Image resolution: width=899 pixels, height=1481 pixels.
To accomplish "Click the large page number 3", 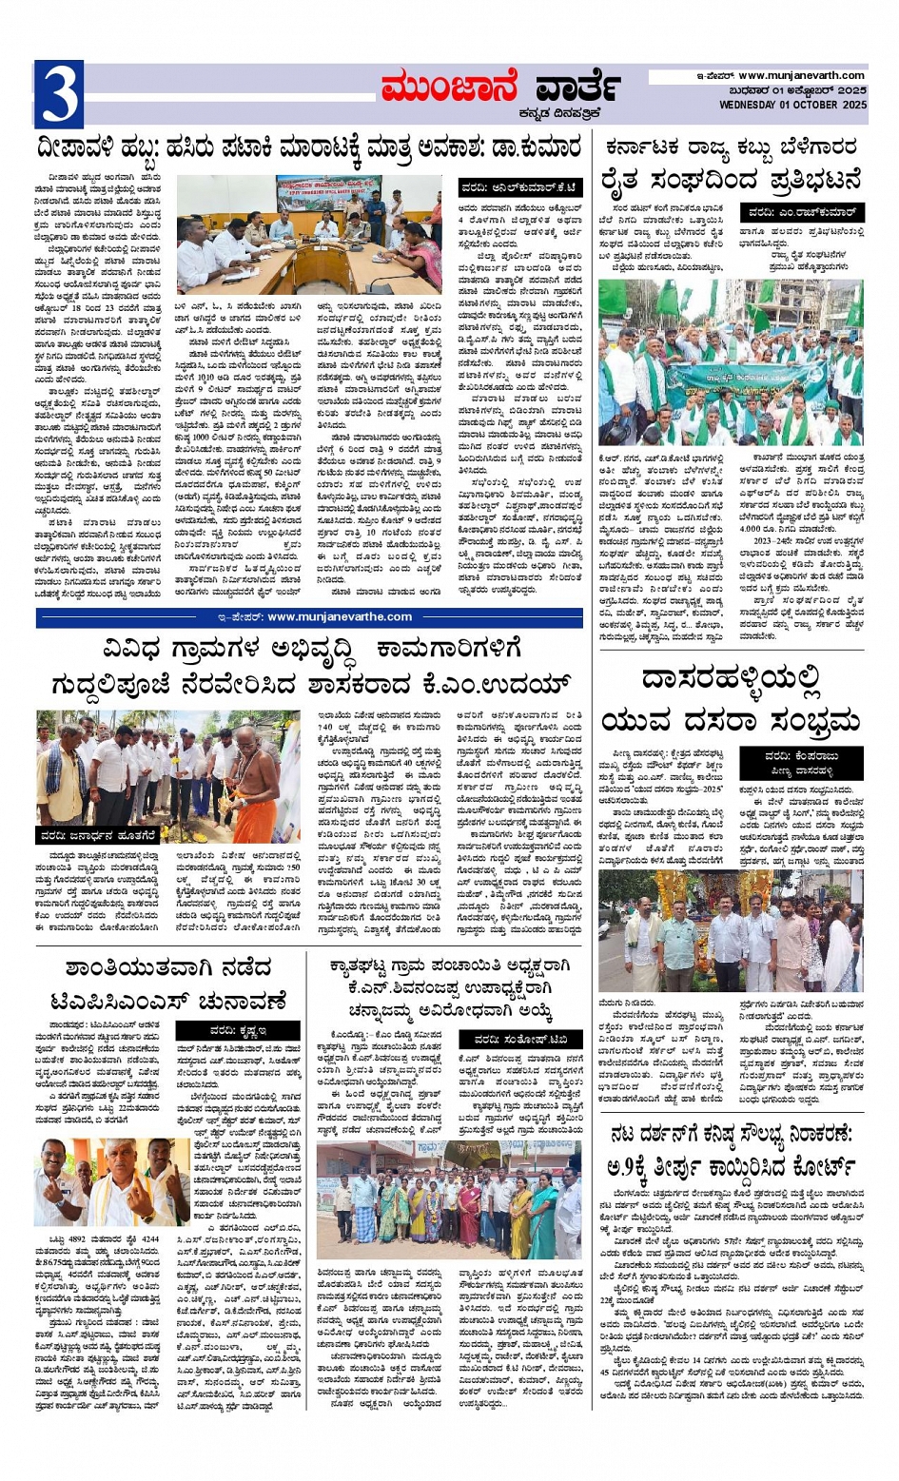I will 58,93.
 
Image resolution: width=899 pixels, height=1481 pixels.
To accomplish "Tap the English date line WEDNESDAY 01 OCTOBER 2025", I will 792,105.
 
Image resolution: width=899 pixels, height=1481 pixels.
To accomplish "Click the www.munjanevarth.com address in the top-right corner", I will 801,75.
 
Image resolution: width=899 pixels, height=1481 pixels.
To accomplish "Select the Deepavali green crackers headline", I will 308,148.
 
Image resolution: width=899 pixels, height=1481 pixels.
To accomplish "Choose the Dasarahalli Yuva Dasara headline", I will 731,699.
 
